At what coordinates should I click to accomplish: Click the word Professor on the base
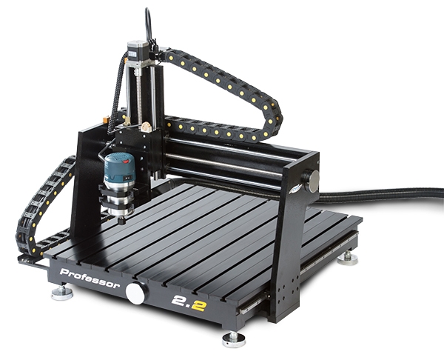[x=90, y=278]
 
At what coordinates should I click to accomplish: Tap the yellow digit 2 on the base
[x=199, y=306]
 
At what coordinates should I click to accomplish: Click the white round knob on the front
[x=136, y=293]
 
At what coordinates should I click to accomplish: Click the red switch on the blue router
[x=127, y=161]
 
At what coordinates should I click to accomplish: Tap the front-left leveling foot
[x=62, y=293]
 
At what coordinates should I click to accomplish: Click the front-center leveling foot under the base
[x=234, y=339]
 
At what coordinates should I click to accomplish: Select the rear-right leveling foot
[x=348, y=259]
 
